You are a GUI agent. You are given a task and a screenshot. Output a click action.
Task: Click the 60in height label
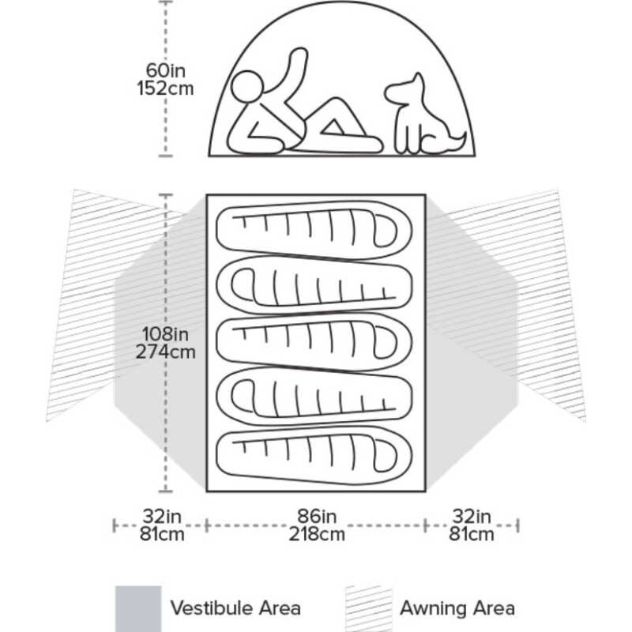pyautogui.click(x=166, y=70)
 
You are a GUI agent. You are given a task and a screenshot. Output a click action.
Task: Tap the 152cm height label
pyautogui.click(x=165, y=88)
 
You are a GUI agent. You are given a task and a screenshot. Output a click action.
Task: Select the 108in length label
pyautogui.click(x=165, y=333)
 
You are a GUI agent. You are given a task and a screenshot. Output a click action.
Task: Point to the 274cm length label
pyautogui.click(x=165, y=352)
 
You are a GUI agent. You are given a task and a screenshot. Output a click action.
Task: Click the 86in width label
pyautogui.click(x=317, y=516)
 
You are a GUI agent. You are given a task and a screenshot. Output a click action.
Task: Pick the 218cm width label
pyautogui.click(x=317, y=534)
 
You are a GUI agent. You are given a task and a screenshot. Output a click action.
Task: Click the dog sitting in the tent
pyautogui.click(x=425, y=115)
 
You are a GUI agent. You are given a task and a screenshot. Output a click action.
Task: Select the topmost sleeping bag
pyautogui.click(x=314, y=230)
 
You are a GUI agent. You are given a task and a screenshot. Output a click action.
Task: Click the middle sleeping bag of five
pyautogui.click(x=314, y=342)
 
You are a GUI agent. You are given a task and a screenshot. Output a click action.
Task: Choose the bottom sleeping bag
pyautogui.click(x=314, y=455)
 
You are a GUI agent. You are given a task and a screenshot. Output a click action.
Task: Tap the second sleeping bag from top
pyautogui.click(x=314, y=286)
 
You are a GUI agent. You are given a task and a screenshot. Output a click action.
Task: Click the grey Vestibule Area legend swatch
pyautogui.click(x=138, y=608)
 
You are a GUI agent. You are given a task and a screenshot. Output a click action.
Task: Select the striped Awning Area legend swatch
pyautogui.click(x=369, y=608)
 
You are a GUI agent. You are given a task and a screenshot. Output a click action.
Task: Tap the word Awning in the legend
pyautogui.click(x=432, y=608)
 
